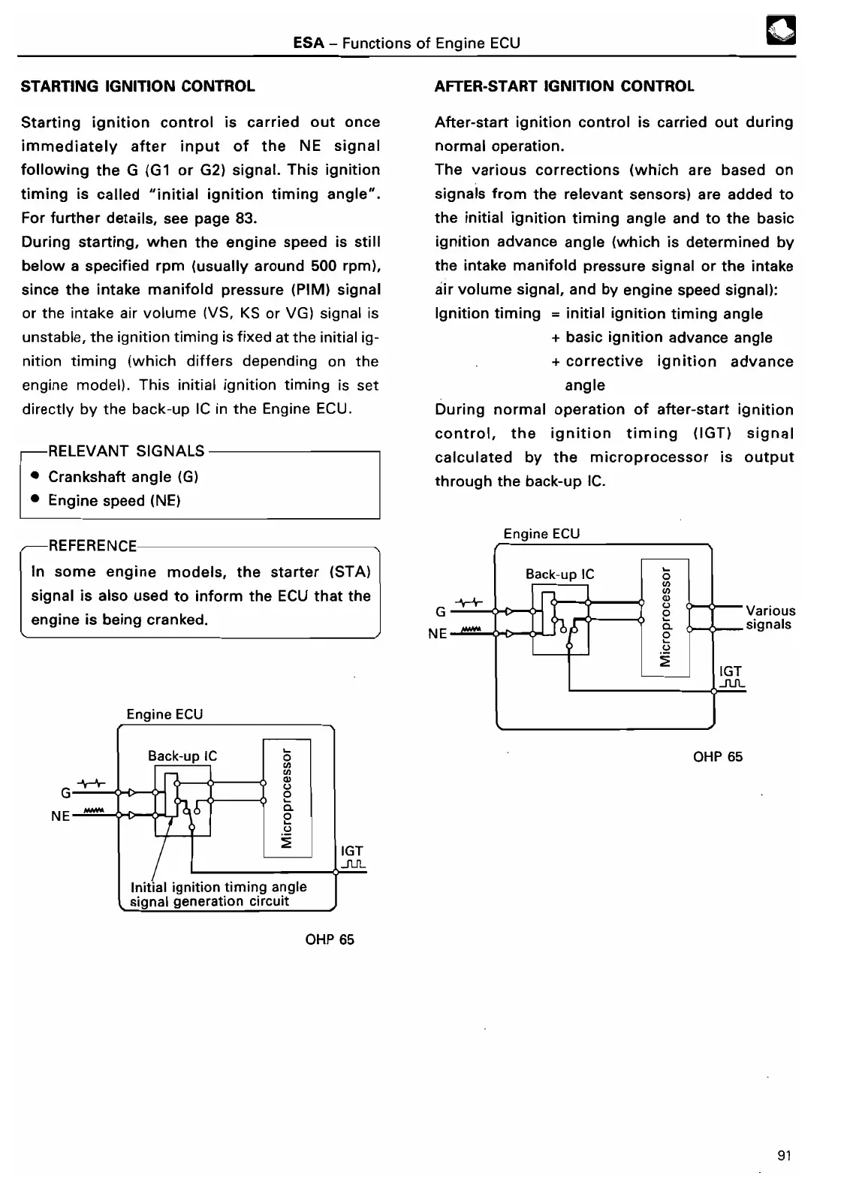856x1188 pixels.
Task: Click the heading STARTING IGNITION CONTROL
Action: point(138,86)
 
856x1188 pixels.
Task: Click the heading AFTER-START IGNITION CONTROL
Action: point(564,86)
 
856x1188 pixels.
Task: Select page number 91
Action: point(785,1156)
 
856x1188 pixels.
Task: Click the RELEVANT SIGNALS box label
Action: point(126,451)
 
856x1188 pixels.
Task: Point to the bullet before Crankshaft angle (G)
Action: point(35,477)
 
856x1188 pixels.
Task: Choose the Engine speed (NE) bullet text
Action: point(114,501)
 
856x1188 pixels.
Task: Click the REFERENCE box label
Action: point(92,546)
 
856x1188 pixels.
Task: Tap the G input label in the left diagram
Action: point(66,792)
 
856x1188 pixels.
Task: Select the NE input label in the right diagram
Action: point(437,634)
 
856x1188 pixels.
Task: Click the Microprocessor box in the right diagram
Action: point(665,617)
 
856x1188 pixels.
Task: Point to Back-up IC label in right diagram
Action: point(559,574)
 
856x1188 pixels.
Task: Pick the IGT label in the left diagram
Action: point(351,851)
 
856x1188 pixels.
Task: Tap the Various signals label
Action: point(770,617)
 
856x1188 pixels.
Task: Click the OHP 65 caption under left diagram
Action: point(330,939)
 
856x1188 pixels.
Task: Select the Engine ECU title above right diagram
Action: point(541,534)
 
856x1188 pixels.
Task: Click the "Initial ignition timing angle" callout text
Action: point(219,887)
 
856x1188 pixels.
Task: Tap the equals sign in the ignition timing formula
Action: point(553,314)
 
